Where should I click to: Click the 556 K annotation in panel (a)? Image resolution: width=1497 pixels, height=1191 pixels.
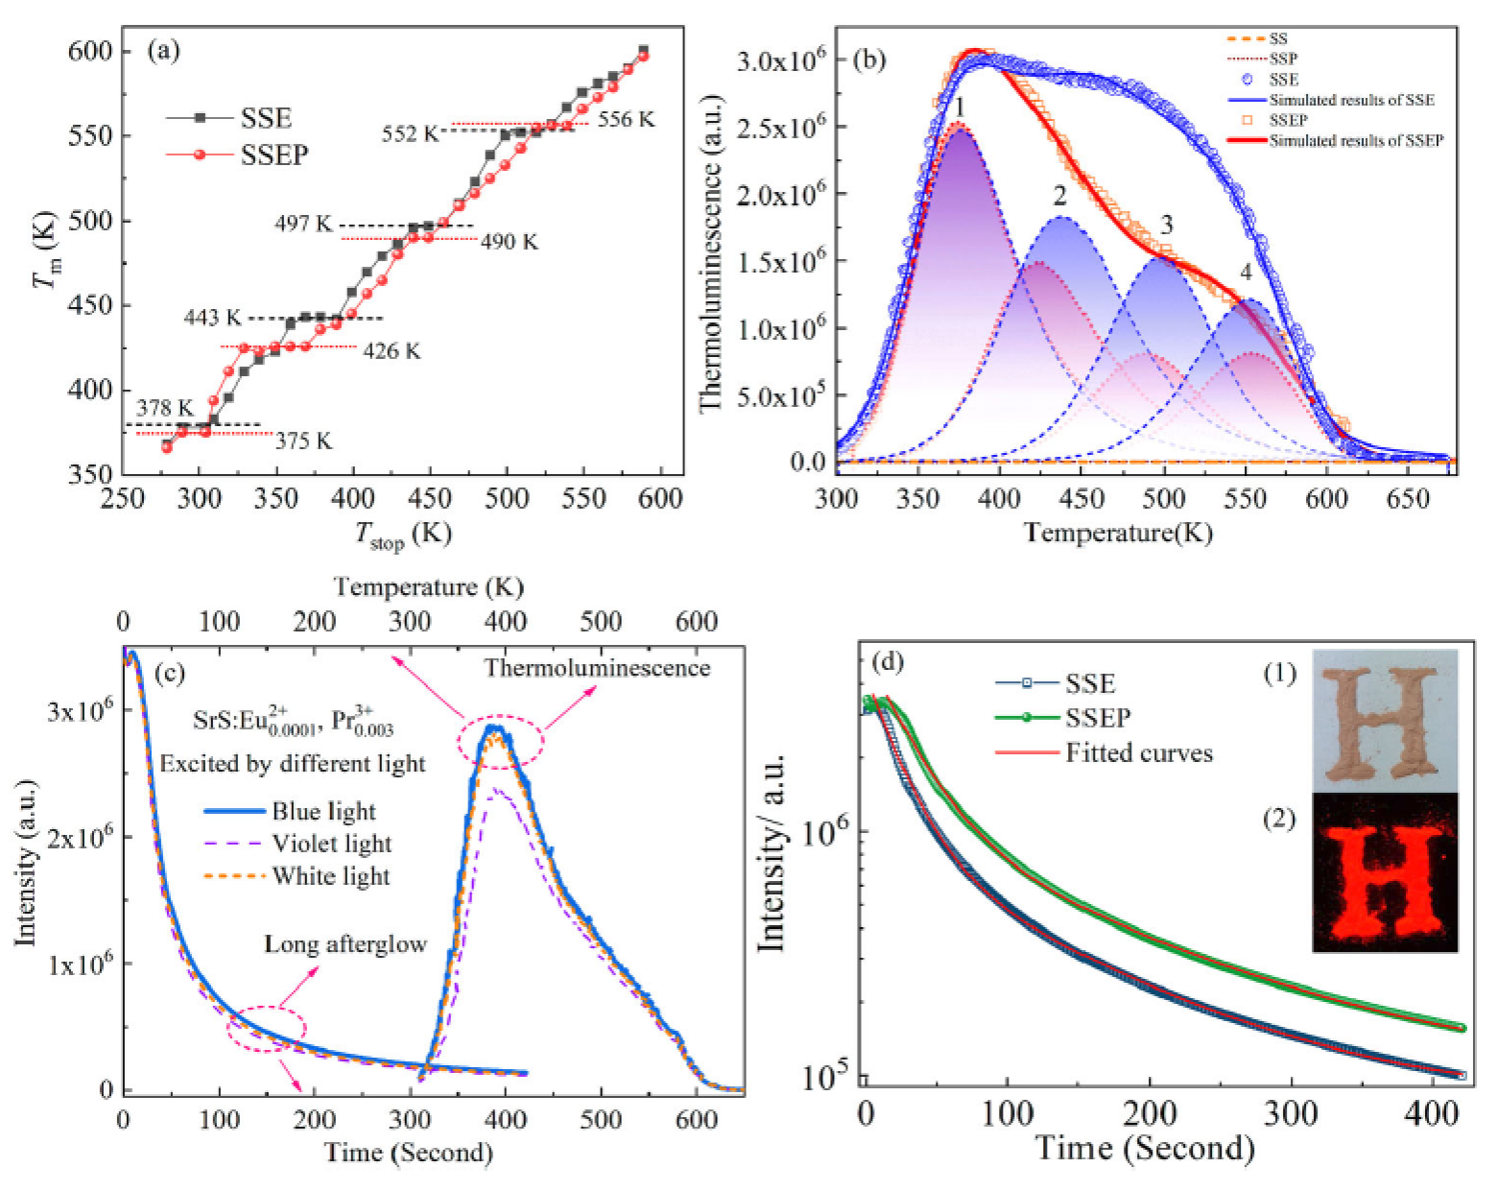tap(626, 120)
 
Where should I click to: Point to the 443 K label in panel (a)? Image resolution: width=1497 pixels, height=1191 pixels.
tap(213, 318)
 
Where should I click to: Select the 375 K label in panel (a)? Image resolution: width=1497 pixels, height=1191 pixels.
tap(303, 441)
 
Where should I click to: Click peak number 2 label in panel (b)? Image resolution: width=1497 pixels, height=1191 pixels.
tap(1059, 197)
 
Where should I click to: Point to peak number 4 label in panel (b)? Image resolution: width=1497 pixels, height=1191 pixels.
tap(1246, 274)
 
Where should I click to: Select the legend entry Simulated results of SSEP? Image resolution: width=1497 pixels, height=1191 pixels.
tap(1355, 141)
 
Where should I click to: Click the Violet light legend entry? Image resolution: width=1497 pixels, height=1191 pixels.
tap(331, 844)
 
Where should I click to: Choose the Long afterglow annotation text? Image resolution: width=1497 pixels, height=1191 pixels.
tap(345, 944)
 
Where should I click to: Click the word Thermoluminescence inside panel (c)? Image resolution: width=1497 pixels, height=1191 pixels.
tap(597, 668)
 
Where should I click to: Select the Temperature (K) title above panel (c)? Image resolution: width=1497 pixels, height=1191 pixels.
tap(428, 587)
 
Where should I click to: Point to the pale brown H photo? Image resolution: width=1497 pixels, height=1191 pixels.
tap(1384, 720)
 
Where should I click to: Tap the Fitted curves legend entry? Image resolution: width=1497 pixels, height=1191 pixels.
tap(1138, 753)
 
